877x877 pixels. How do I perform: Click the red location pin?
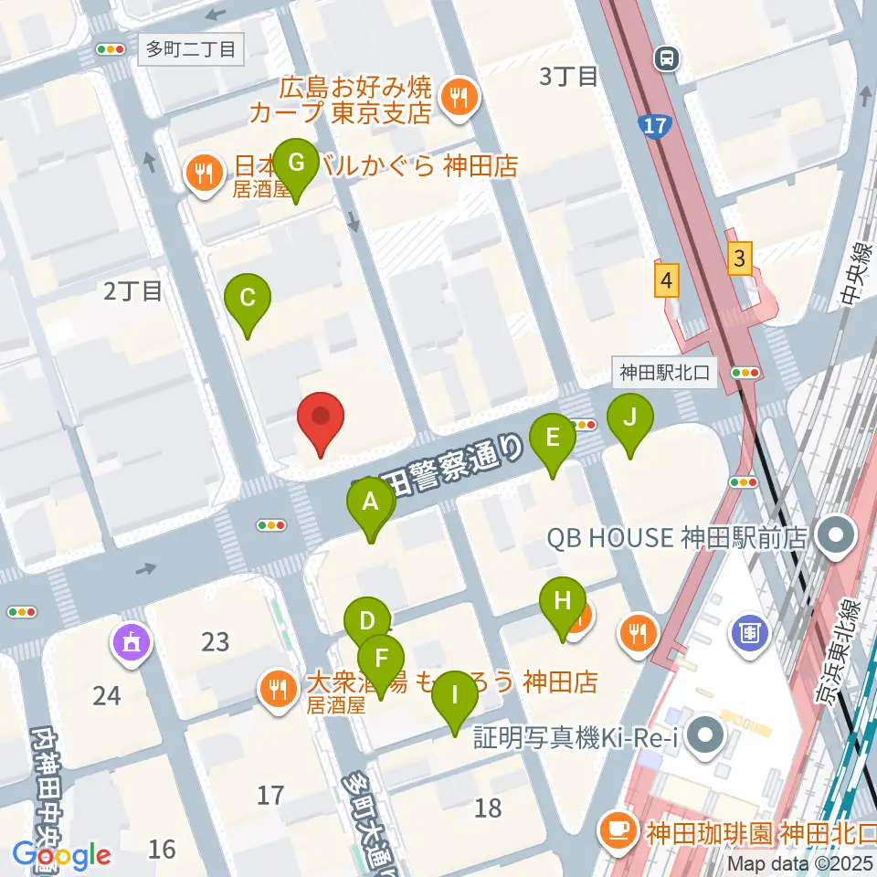coord(321,417)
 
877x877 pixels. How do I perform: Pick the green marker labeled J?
coord(630,419)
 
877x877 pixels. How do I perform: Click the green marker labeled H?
coord(563,603)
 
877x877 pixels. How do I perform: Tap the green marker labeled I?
coord(454,697)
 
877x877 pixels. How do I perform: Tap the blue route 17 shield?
coord(655,124)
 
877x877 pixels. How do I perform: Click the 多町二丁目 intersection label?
coord(192,48)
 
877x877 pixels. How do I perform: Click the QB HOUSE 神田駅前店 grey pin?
coord(835,536)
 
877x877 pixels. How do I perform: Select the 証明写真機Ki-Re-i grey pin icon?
coord(707,735)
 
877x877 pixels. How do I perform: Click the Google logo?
coord(61,855)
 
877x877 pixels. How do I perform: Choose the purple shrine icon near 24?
coord(132,644)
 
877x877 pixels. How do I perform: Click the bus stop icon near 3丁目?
coord(667,59)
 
